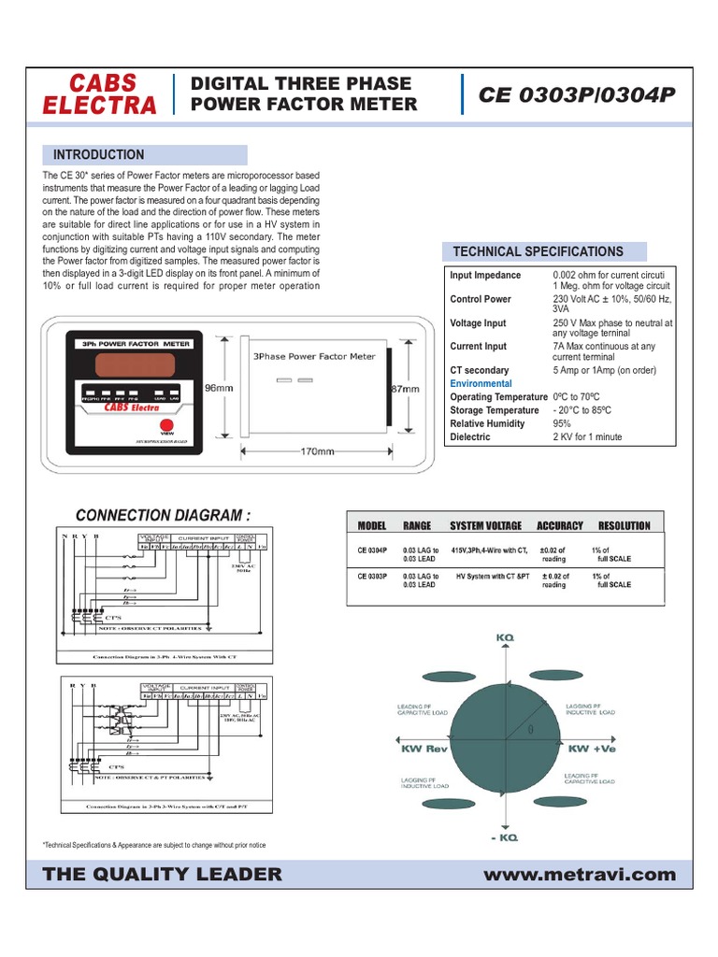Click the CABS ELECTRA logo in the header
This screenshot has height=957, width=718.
[x=100, y=93]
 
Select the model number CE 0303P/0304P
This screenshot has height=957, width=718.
[x=578, y=94]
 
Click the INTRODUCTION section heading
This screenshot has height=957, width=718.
[x=99, y=155]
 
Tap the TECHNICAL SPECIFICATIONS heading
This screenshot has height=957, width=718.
[x=538, y=251]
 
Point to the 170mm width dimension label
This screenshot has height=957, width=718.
[x=317, y=452]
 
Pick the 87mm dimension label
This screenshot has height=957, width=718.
[x=405, y=388]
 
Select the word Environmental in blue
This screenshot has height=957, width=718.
[x=481, y=384]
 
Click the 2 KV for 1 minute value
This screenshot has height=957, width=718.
[x=587, y=436]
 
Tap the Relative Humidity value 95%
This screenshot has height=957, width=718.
[x=563, y=423]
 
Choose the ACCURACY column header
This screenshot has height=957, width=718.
[x=559, y=526]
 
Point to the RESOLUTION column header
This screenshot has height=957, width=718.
[x=624, y=526]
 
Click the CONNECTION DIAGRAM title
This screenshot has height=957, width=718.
[x=163, y=515]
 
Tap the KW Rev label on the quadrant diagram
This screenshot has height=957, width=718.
[x=426, y=749]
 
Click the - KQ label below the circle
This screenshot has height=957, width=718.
[x=506, y=837]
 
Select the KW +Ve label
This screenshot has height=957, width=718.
[x=592, y=749]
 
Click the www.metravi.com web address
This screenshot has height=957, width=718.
[x=580, y=875]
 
